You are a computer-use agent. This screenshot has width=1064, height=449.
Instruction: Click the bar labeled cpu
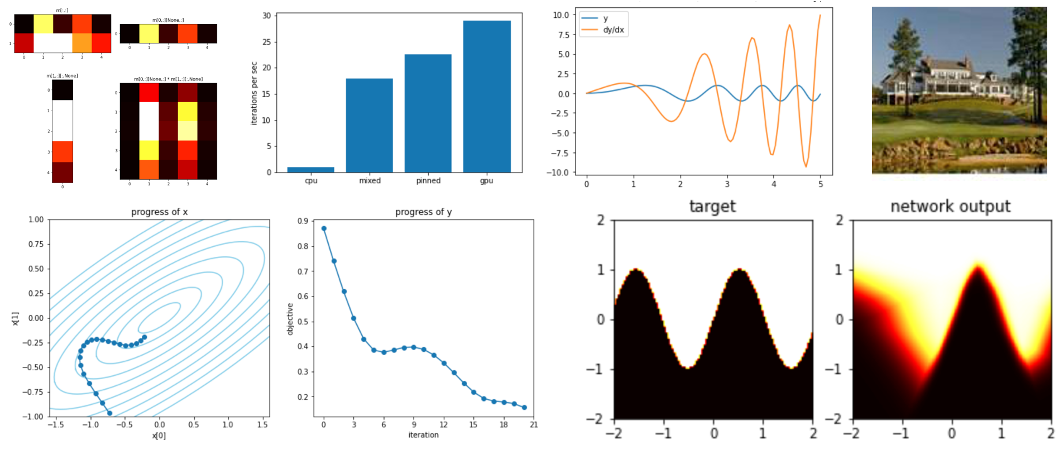(x=310, y=169)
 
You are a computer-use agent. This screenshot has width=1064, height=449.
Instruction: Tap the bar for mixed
(x=369, y=125)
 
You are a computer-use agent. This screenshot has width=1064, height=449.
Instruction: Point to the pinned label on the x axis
(x=428, y=181)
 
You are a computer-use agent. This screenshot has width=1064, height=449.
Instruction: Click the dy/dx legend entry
(x=613, y=30)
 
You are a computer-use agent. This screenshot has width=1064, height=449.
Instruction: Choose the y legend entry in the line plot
(x=606, y=18)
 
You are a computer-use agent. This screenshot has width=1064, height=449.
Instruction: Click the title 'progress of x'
(x=159, y=212)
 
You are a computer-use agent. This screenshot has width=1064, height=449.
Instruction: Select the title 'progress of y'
(x=423, y=212)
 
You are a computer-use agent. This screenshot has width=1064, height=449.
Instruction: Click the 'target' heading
(x=712, y=207)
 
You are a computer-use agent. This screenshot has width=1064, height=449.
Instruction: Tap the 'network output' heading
(x=950, y=207)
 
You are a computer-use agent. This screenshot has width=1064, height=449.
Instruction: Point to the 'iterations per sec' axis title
(x=254, y=93)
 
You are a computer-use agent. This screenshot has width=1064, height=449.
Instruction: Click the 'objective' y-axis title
(x=290, y=319)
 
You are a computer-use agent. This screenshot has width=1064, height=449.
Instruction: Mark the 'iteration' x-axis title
(x=423, y=435)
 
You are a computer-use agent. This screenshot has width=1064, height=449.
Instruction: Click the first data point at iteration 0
(x=324, y=228)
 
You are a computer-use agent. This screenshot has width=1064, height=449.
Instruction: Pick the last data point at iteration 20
(x=524, y=408)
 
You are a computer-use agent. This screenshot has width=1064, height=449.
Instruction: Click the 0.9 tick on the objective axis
(x=303, y=221)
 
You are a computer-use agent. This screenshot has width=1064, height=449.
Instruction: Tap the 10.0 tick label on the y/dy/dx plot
(x=561, y=15)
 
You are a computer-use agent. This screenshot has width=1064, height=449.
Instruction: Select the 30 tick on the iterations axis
(x=267, y=16)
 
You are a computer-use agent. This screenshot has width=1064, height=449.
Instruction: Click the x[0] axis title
(x=159, y=436)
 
